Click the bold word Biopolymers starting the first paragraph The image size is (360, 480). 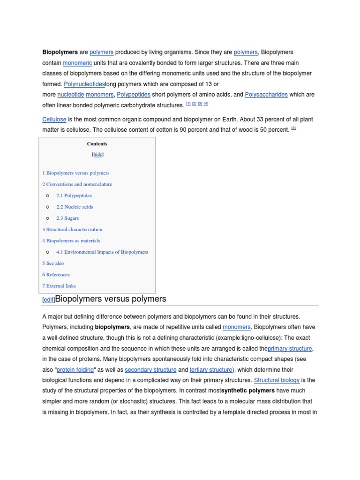pyautogui.click(x=60, y=52)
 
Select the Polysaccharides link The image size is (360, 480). pyautogui.click(x=266, y=94)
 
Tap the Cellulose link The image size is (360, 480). pyautogui.click(x=54, y=120)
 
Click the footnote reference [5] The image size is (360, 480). pyautogui.click(x=293, y=128)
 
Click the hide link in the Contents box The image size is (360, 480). pyautogui.click(x=97, y=154)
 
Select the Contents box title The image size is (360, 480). pyautogui.click(x=97, y=144)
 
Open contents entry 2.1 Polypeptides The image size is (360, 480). pyautogui.click(x=74, y=195)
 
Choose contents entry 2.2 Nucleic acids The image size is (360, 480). pyautogui.click(x=75, y=207)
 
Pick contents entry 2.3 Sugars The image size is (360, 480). pyautogui.click(x=67, y=218)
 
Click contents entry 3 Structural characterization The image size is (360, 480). pyautogui.click(x=72, y=229)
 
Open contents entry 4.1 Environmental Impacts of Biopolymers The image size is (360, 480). pyautogui.click(x=102, y=252)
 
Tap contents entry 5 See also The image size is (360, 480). pyautogui.click(x=53, y=263)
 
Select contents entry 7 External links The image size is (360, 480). pyautogui.click(x=59, y=285)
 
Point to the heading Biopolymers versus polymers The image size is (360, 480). pyautogui.click(x=111, y=299)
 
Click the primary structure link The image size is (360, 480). pyautogui.click(x=290, y=348)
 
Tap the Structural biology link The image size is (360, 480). pyautogui.click(x=277, y=380)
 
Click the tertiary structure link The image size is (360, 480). pyautogui.click(x=210, y=369)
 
